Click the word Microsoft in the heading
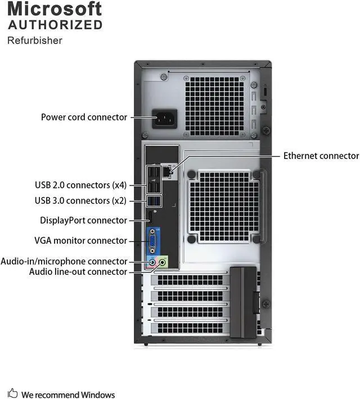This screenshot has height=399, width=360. (55, 9)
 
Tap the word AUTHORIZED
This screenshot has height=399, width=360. (55, 25)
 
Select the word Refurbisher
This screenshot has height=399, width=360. (34, 40)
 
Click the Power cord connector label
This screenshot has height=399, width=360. (84, 117)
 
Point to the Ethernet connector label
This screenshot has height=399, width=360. (321, 156)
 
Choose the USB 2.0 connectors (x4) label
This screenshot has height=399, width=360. (80, 184)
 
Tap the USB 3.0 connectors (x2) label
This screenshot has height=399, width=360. (80, 200)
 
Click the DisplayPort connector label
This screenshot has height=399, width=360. (83, 220)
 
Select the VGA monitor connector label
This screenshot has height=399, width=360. (80, 241)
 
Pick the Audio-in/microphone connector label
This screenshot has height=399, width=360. (64, 261)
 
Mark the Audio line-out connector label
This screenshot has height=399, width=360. (78, 271)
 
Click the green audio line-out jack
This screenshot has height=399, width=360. (163, 261)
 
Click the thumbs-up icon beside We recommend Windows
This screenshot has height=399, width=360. (12, 394)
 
